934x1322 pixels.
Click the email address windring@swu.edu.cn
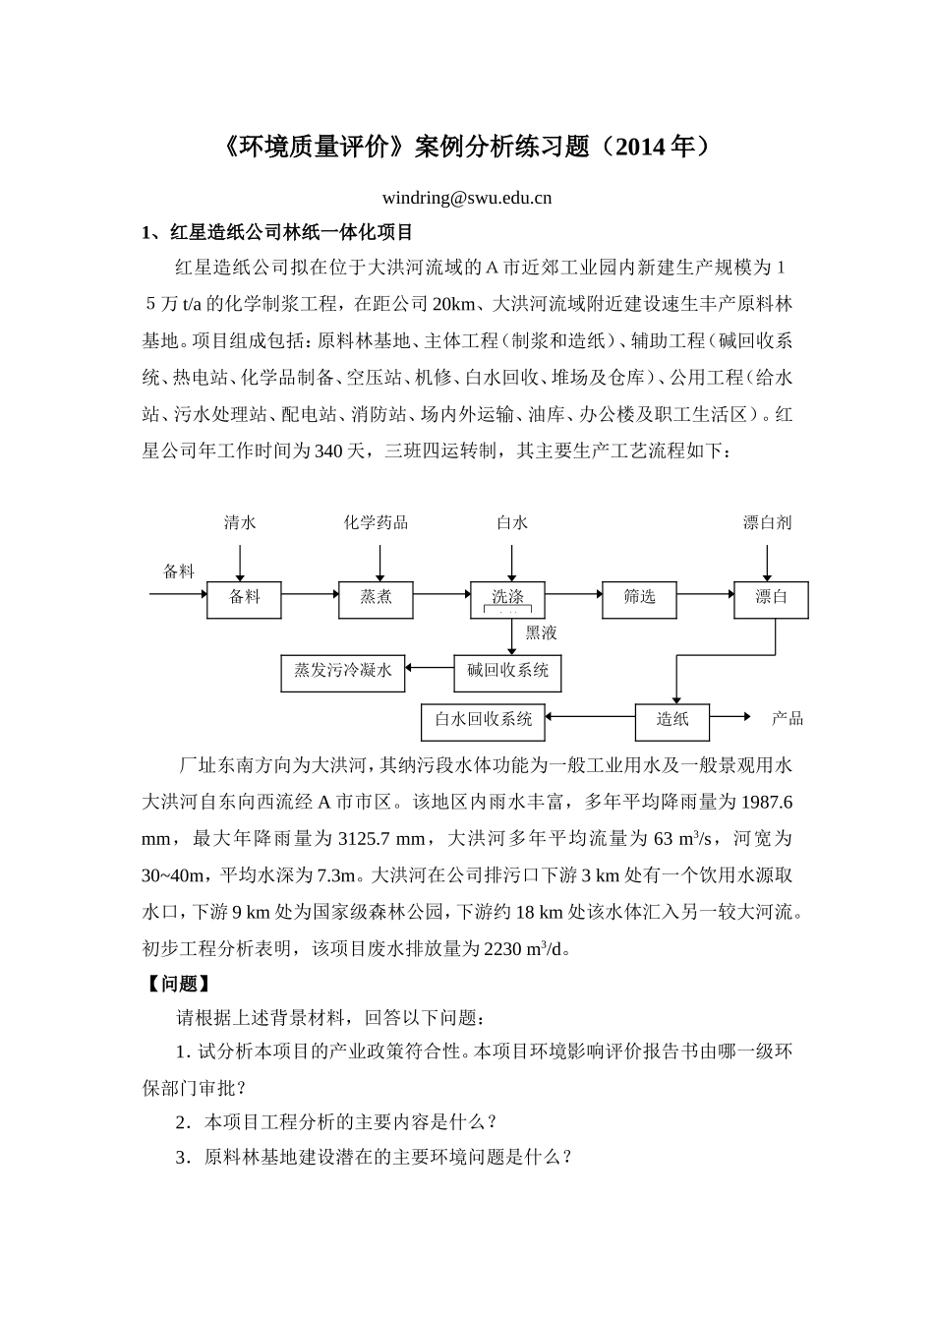tap(466, 198)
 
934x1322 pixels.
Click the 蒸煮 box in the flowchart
tap(376, 598)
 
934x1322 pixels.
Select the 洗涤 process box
tap(507, 597)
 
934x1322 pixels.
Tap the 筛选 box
tap(639, 598)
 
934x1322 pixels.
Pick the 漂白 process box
tap(771, 598)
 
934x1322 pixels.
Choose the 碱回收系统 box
tap(507, 672)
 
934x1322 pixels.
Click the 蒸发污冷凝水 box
tap(342, 672)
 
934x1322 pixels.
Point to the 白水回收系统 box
tap(483, 720)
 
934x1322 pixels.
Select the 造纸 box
tap(672, 720)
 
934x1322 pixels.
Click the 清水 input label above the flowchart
tap(240, 523)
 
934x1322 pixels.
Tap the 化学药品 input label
tap(376, 523)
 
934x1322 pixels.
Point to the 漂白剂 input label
tap(767, 523)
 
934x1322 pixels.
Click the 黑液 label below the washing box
tap(541, 633)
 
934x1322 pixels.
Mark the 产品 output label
tap(788, 719)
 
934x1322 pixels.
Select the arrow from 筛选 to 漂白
tap(705, 594)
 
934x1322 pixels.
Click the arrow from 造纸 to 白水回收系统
tap(590, 718)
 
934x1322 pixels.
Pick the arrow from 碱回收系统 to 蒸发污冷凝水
tap(430, 670)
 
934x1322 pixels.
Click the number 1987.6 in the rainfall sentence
tap(765, 802)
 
